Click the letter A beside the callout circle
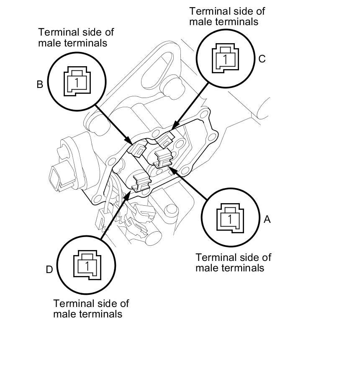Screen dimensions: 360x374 (267, 219)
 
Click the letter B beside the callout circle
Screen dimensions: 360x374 (40, 85)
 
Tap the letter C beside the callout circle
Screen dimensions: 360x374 (262, 59)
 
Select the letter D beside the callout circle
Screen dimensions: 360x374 (49, 270)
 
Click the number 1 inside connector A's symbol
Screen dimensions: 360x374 (230, 219)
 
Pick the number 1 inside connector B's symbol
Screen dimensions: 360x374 (77, 83)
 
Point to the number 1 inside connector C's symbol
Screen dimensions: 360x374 (225, 59)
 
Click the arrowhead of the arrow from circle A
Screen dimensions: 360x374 (172, 170)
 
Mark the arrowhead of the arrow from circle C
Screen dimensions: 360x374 (176, 126)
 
